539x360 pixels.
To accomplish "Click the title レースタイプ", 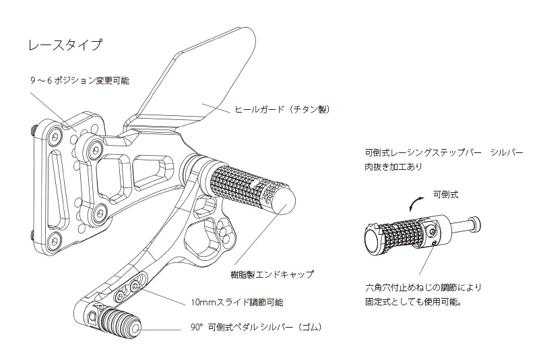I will click(x=65, y=46).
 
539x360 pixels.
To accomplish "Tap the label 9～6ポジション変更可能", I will click(x=80, y=80).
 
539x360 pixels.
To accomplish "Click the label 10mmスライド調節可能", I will click(x=236, y=303).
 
